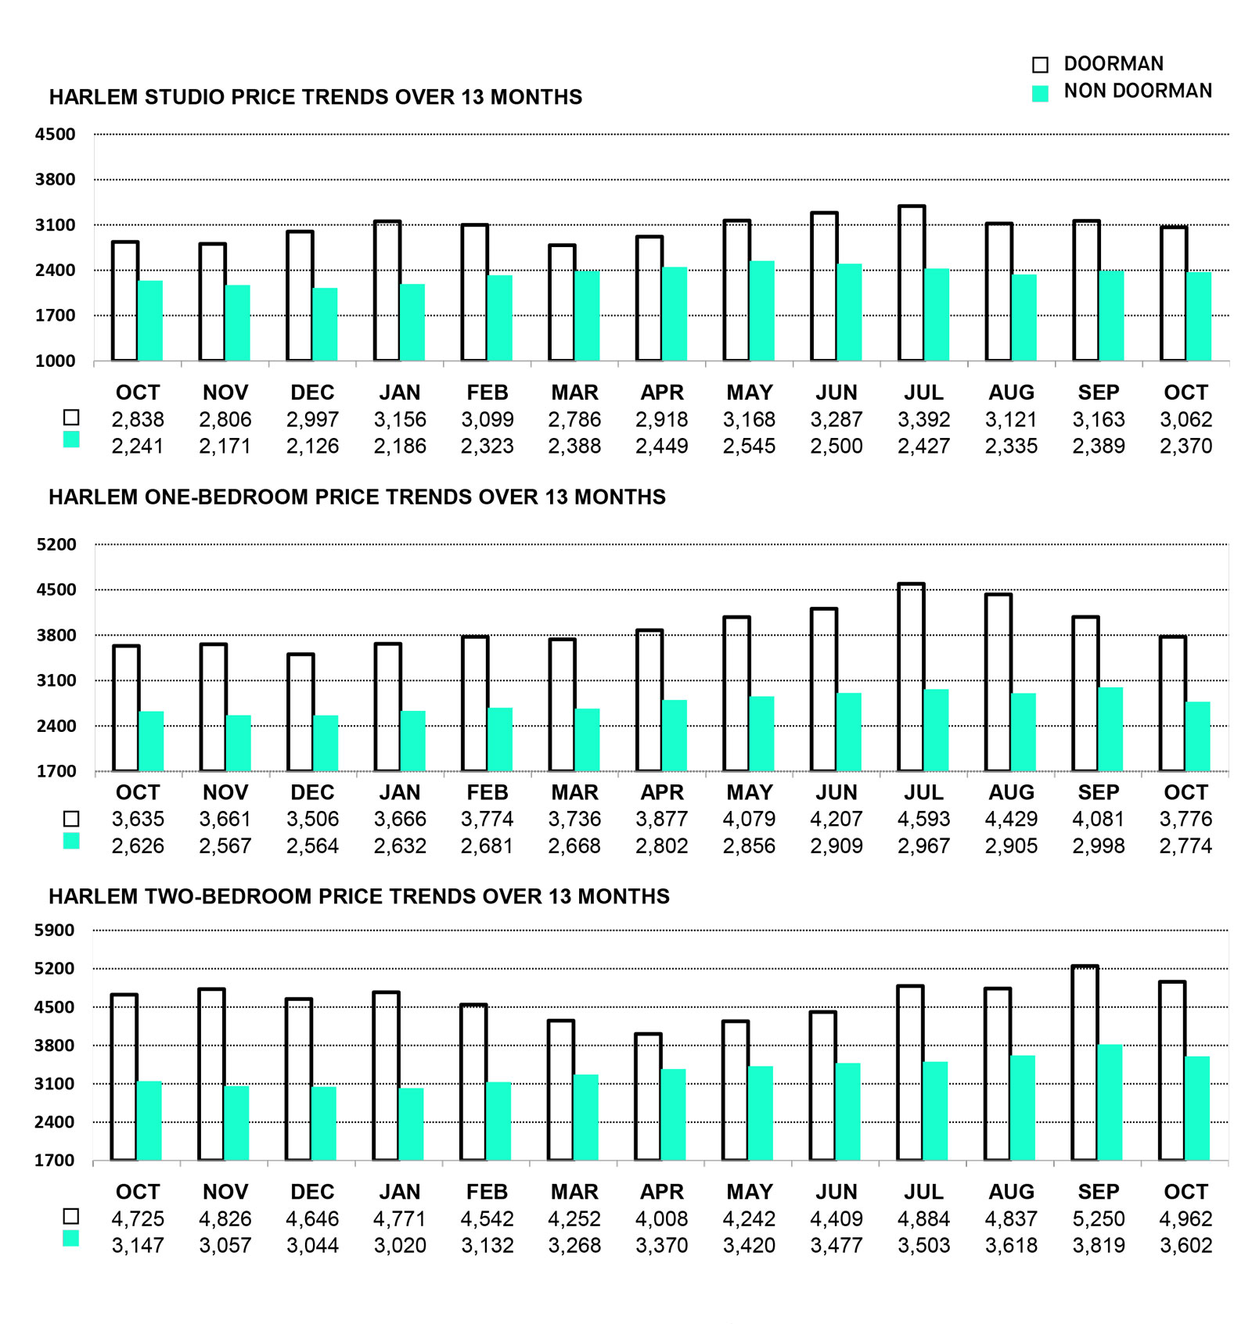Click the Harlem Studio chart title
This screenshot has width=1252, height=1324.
click(315, 97)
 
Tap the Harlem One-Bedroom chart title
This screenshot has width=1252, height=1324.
click(357, 497)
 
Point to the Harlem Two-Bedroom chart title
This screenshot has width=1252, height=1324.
click(359, 896)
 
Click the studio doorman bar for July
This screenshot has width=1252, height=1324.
click(912, 283)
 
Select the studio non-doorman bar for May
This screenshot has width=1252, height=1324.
click(761, 310)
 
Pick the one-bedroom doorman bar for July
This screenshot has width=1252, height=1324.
click(911, 677)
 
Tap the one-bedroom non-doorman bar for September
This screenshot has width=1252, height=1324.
click(1110, 729)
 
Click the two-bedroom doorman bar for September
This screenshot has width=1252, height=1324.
click(1085, 1064)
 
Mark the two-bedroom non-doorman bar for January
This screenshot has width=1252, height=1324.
click(412, 1124)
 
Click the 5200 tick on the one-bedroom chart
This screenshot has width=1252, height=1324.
click(56, 544)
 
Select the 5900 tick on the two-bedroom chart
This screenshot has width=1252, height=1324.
click(55, 931)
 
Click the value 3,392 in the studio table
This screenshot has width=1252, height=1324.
click(923, 420)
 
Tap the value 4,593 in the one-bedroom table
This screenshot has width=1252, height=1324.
click(923, 820)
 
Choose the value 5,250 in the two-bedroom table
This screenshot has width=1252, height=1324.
click(1098, 1219)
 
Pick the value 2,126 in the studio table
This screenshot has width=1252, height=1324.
click(312, 447)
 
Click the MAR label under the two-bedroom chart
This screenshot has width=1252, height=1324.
click(574, 1192)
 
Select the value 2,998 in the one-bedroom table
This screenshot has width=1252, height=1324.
click(1098, 846)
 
